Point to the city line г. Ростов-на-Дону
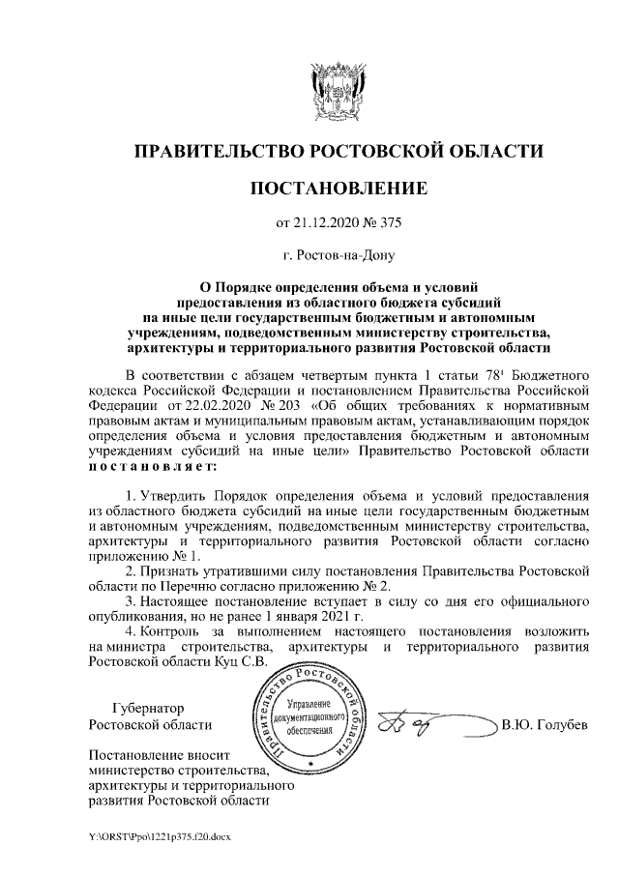click(x=338, y=257)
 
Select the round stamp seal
click(x=310, y=716)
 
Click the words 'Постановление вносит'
click(x=155, y=754)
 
